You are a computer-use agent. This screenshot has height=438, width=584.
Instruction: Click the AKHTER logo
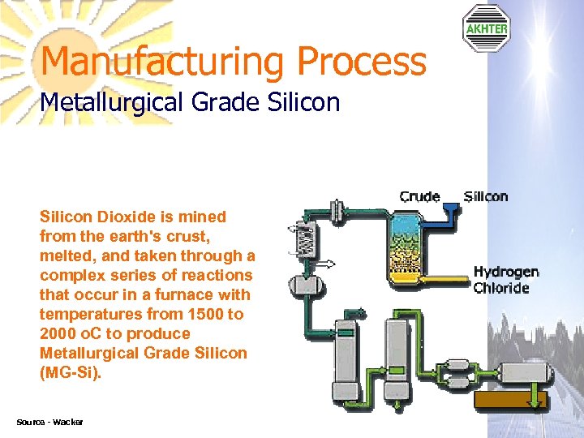[486, 28]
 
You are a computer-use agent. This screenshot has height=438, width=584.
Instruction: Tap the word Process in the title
[361, 62]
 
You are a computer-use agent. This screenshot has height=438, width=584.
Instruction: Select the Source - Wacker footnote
[49, 422]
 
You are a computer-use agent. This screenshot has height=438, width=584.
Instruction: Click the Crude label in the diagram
[419, 196]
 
